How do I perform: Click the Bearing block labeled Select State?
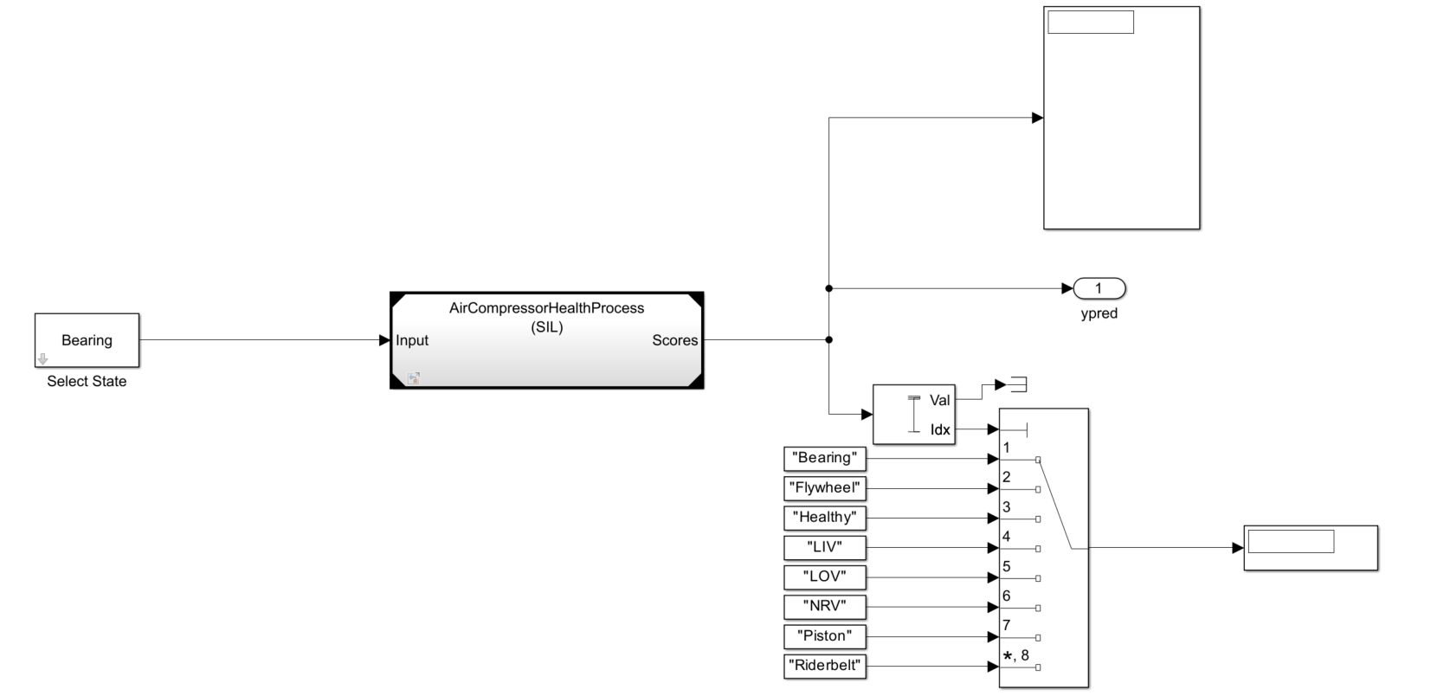87,340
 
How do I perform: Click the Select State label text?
87,382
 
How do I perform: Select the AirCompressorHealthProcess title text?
546,308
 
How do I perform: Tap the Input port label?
412,340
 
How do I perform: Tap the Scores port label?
674,340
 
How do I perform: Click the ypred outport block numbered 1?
1099,288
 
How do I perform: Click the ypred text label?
1099,313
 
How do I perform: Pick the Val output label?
939,400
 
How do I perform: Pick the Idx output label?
939,429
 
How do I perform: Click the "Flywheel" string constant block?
825,488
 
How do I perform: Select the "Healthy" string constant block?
825,518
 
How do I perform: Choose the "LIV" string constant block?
825,547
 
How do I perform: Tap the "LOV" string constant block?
825,577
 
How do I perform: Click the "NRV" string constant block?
825,606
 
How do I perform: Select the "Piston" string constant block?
825,636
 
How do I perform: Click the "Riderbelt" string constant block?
825,666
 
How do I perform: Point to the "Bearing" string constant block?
825,458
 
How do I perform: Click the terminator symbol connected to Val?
1018,384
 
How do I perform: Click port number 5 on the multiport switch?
1007,567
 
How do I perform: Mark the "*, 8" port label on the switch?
1016,655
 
